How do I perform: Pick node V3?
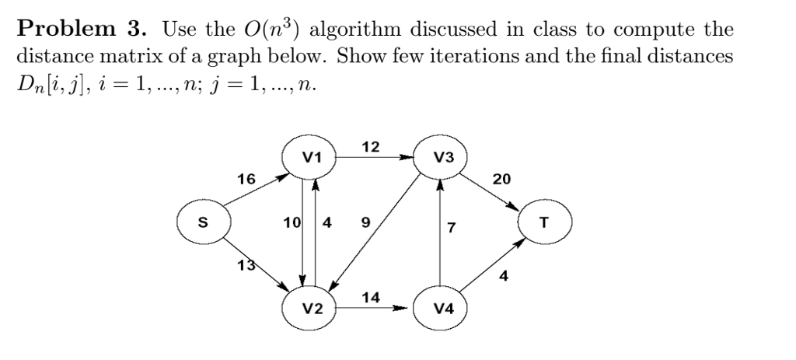(441, 158)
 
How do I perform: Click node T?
(544, 223)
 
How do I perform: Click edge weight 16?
(246, 178)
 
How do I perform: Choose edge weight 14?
(372, 296)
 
